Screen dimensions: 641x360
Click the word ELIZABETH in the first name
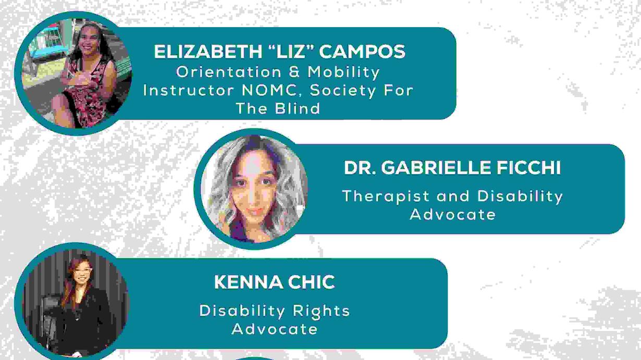click(x=208, y=52)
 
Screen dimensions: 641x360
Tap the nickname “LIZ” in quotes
click(x=290, y=52)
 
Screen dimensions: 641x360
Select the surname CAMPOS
click(x=362, y=52)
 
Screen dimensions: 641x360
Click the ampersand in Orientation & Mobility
click(x=294, y=72)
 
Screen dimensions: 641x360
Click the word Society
click(x=343, y=91)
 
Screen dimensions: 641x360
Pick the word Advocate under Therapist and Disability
click(x=453, y=215)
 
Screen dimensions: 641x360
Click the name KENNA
click(x=248, y=282)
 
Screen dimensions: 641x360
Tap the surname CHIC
click(x=311, y=282)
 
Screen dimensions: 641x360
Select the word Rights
click(x=321, y=312)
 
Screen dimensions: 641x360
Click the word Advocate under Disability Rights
click(x=275, y=329)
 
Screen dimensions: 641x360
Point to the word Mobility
click(x=343, y=72)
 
